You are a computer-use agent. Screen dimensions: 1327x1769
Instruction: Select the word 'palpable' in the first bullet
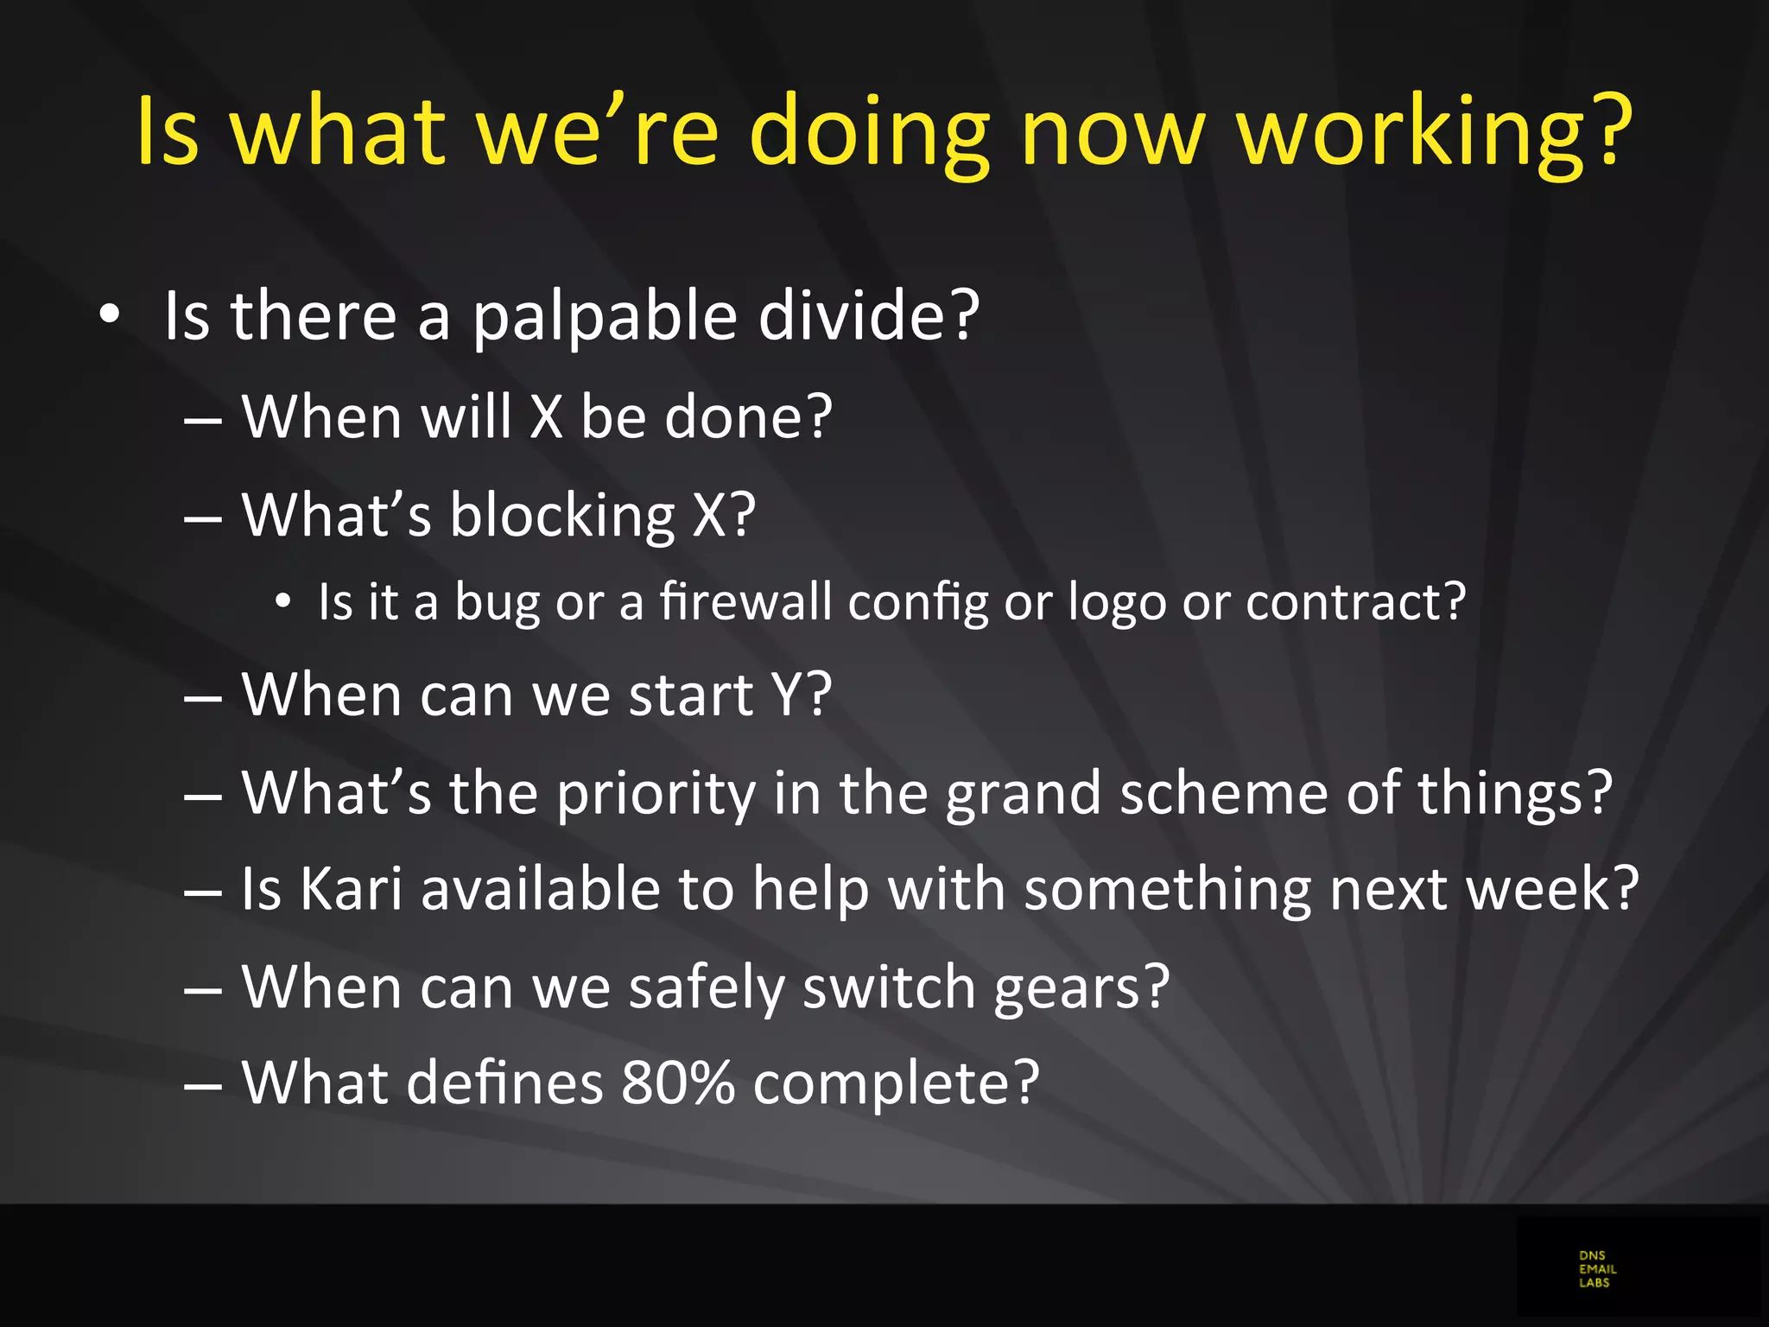605,316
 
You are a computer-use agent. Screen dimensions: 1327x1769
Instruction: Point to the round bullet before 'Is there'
109,314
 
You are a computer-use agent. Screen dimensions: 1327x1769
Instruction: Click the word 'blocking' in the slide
561,516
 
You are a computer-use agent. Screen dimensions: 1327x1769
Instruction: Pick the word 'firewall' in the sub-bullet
745,601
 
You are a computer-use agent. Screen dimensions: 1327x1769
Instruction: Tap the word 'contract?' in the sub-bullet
1355,601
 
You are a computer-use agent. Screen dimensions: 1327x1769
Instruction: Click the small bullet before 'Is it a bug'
282,601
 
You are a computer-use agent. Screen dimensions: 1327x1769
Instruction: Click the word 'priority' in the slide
656,793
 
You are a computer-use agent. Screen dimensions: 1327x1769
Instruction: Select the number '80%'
677,1083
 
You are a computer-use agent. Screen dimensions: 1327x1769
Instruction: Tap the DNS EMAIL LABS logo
1597,1269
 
